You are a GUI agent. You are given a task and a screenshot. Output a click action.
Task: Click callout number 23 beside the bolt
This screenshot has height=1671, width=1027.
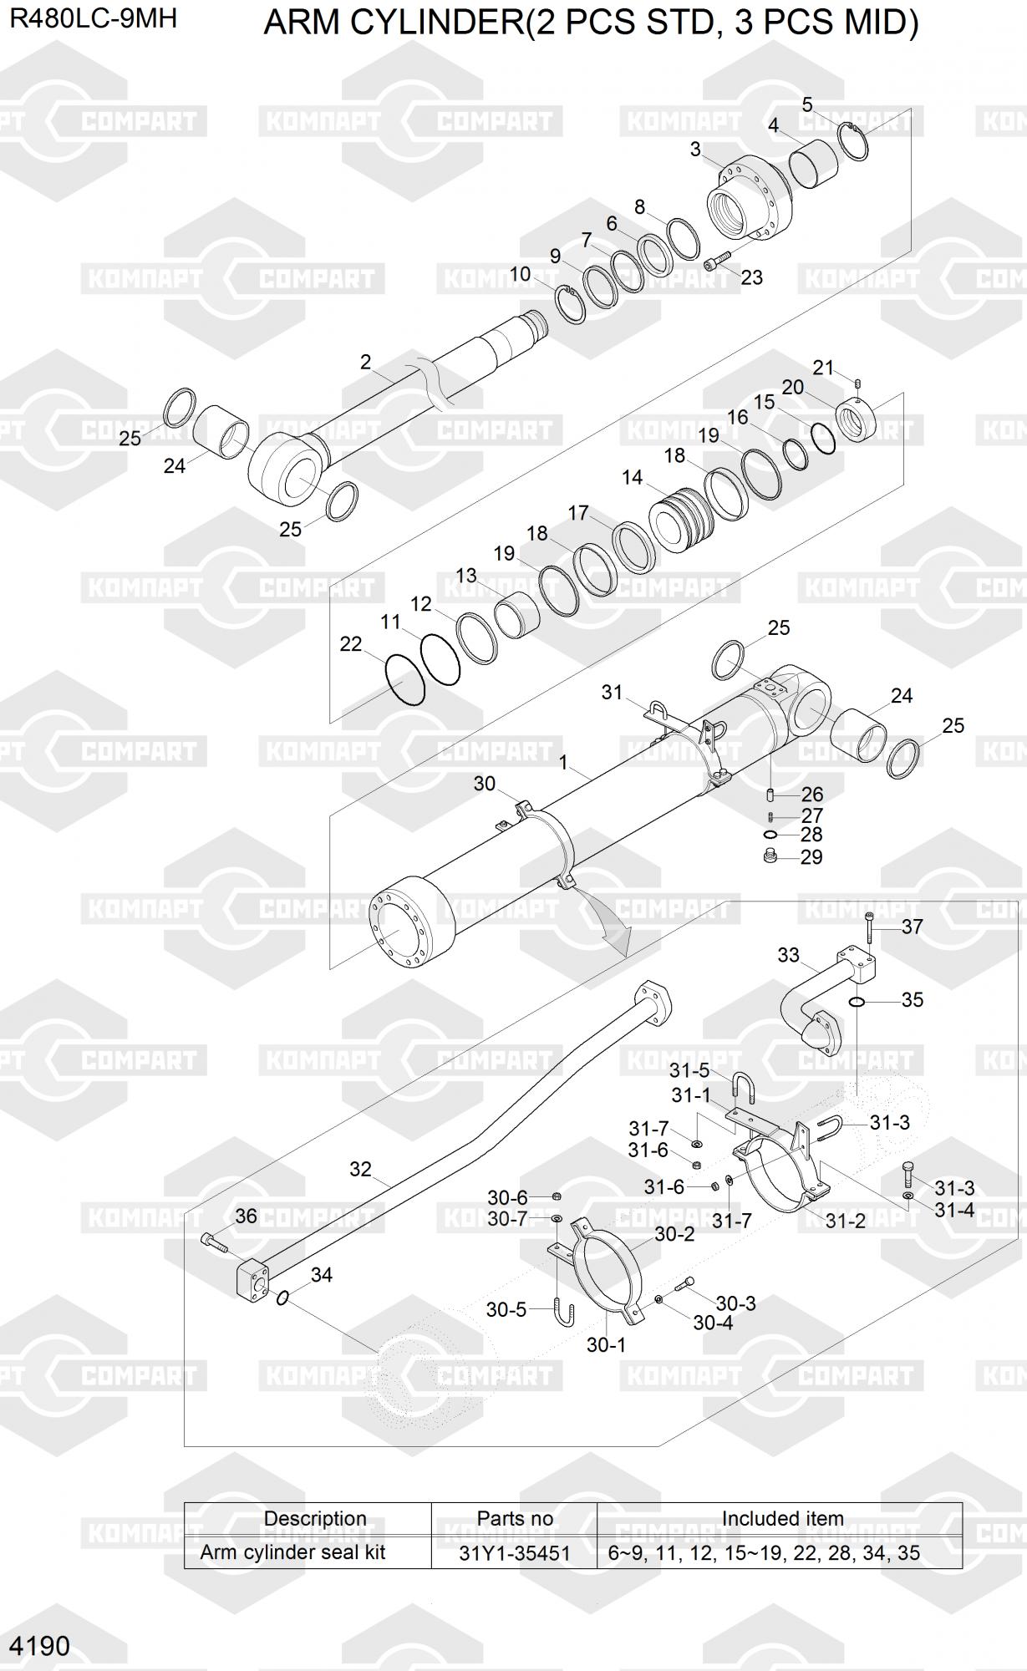pyautogui.click(x=751, y=277)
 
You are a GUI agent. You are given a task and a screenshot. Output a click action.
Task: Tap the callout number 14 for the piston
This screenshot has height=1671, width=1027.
pyautogui.click(x=633, y=477)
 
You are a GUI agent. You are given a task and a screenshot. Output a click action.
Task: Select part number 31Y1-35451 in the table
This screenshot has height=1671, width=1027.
pyautogui.click(x=515, y=1553)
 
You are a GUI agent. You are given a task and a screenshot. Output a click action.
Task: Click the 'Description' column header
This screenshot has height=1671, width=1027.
pyautogui.click(x=315, y=1518)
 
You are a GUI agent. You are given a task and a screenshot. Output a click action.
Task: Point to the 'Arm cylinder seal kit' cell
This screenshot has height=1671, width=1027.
pyautogui.click(x=292, y=1552)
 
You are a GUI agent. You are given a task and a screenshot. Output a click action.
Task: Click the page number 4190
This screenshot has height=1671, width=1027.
pyautogui.click(x=39, y=1645)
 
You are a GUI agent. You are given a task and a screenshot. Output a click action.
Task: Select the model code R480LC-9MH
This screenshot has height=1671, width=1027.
pyautogui.click(x=94, y=18)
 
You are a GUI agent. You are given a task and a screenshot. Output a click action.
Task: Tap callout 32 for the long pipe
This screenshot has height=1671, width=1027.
pyautogui.click(x=360, y=1169)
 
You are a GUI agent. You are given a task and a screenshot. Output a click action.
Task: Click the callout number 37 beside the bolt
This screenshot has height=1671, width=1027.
pyautogui.click(x=912, y=926)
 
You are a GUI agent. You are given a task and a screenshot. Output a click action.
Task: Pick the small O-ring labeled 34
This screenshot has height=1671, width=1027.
pyautogui.click(x=282, y=1298)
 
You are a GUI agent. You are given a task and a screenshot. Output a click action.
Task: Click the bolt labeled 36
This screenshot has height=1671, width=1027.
pyautogui.click(x=214, y=1243)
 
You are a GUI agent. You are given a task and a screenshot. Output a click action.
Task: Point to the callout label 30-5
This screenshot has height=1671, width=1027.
pyautogui.click(x=506, y=1309)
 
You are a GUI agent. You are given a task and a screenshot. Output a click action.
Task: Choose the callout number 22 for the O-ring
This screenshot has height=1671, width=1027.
pyautogui.click(x=351, y=643)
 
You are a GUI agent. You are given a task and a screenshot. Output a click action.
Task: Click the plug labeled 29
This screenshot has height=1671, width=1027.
pyautogui.click(x=771, y=856)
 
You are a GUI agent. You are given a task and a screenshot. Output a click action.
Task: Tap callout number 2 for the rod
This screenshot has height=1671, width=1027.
pyautogui.click(x=365, y=362)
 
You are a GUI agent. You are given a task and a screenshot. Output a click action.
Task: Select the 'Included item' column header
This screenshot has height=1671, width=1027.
pyautogui.click(x=782, y=1518)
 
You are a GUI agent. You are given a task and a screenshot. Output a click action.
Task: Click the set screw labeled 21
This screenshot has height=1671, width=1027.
pyautogui.click(x=858, y=383)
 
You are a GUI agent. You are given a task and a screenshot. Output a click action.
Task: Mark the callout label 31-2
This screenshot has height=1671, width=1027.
pyautogui.click(x=846, y=1221)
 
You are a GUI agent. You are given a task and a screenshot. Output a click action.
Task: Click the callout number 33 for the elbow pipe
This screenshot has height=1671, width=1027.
pyautogui.click(x=788, y=954)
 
